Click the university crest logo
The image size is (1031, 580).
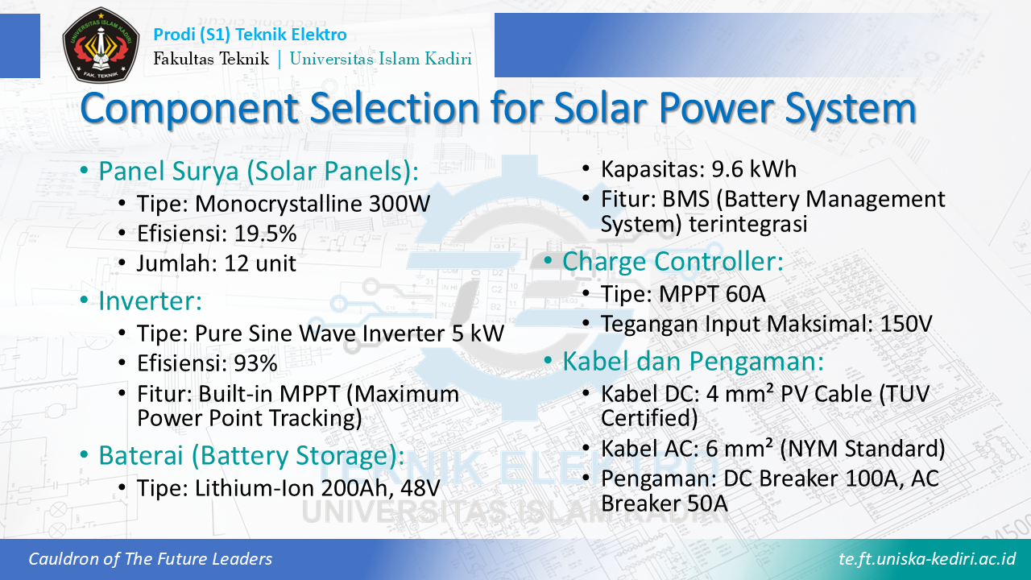(101, 44)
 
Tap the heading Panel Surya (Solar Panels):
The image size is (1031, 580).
(259, 172)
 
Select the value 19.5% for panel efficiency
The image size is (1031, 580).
(266, 234)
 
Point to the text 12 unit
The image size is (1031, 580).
(260, 263)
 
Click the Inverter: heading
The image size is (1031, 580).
(151, 300)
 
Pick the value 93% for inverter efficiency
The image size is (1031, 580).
(255, 363)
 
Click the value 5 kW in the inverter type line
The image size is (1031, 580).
(478, 333)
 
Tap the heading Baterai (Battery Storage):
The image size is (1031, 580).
(252, 456)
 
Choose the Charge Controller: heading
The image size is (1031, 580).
(673, 261)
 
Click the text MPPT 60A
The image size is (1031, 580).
(712, 294)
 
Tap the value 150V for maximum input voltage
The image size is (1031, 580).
(906, 324)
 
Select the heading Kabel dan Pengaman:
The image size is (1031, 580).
(693, 361)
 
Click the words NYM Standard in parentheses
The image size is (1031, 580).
(863, 449)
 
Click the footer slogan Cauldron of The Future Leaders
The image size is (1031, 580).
(150, 559)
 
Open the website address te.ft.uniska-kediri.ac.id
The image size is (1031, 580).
(927, 559)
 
